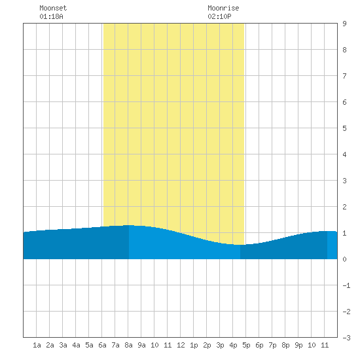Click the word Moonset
click(53, 8)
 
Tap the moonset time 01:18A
click(51, 16)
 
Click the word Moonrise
click(223, 8)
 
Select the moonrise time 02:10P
click(219, 16)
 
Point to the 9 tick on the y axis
click(344, 24)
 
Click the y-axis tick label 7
click(344, 76)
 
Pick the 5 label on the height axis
click(344, 128)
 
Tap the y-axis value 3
click(344, 181)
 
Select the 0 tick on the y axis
click(344, 259)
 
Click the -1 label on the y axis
click(346, 285)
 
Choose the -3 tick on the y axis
click(346, 338)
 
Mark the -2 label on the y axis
click(346, 312)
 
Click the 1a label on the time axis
click(37, 345)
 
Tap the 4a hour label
click(76, 345)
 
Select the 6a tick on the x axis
click(102, 345)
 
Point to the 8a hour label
click(128, 345)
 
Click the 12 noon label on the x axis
click(181, 345)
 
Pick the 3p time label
click(220, 345)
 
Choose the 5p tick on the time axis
click(246, 345)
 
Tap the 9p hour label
click(298, 345)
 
